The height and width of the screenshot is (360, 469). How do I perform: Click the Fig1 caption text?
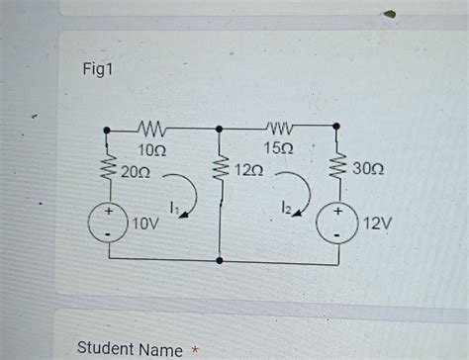click(99, 74)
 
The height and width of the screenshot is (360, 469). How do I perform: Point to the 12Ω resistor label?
click(248, 171)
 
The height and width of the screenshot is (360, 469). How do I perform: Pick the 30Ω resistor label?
click(368, 171)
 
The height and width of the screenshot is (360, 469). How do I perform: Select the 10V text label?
click(145, 224)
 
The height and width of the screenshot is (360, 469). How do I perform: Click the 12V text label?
click(376, 224)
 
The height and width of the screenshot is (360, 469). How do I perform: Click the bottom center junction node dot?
click(220, 263)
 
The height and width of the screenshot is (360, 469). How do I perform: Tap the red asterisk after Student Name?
click(197, 348)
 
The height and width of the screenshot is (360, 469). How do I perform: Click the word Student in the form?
click(103, 350)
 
